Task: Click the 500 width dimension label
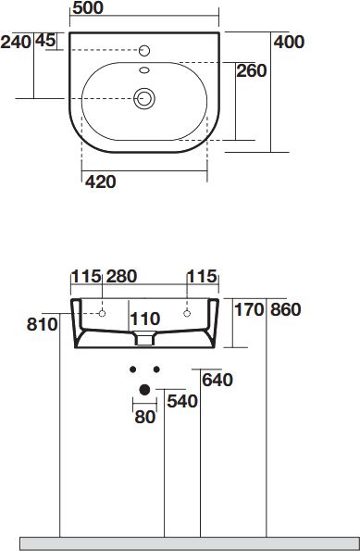(x=88, y=8)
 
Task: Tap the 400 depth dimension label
(x=289, y=43)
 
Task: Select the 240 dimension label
(x=16, y=43)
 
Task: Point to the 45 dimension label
(x=45, y=41)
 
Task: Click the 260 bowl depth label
(x=252, y=71)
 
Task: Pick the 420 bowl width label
(x=101, y=182)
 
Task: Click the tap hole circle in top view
(x=144, y=51)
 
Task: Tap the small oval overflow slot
(x=144, y=70)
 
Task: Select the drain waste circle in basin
(x=144, y=98)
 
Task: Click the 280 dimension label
(x=121, y=277)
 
